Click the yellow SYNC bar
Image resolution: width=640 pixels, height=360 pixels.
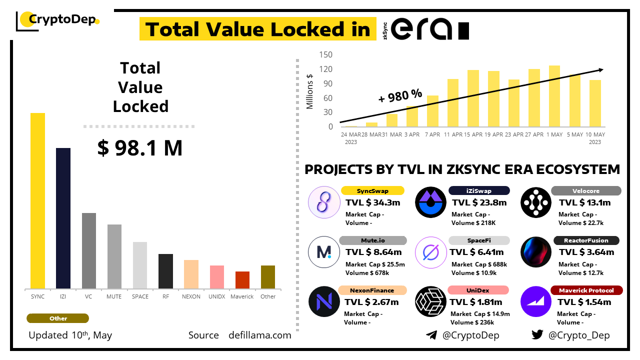pos(37,200)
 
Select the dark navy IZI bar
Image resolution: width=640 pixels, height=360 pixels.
pos(63,218)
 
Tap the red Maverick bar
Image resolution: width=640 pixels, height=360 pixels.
pos(242,280)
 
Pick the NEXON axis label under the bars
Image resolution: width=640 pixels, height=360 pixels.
pos(191,296)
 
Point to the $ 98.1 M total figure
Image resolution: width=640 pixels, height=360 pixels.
pos(140,148)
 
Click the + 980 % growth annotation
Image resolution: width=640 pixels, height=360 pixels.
pos(400,95)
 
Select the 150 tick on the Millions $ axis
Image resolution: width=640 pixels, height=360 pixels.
pos(326,54)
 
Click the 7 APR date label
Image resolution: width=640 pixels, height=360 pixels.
pos(432,134)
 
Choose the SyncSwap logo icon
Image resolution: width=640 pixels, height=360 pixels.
pos(324,202)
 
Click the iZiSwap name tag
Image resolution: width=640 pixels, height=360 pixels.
pos(479,190)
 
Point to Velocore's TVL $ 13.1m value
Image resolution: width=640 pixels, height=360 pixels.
pos(585,202)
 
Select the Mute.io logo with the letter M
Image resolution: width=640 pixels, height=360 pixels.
pos(324,251)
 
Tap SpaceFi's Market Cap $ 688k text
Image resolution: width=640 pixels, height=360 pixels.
pos(479,264)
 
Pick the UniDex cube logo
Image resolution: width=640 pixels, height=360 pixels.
pos(431,301)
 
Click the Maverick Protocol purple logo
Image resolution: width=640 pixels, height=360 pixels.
pos(535,301)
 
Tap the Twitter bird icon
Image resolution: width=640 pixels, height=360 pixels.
pos(537,335)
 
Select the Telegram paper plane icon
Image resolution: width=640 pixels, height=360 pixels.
pos(431,335)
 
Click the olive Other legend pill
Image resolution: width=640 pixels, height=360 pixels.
pos(58,318)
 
